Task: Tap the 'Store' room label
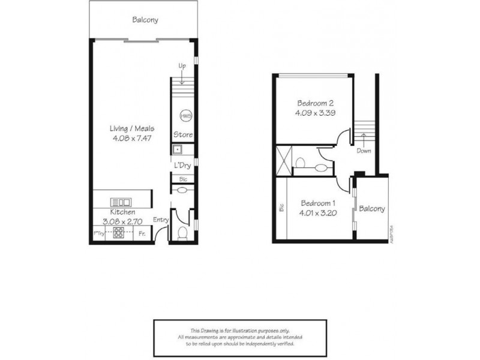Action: click(182, 134)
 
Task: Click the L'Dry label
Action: click(182, 166)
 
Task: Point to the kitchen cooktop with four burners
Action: click(119, 233)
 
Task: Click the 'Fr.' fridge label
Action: click(142, 233)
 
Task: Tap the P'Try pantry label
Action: click(98, 233)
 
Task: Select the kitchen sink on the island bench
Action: click(122, 202)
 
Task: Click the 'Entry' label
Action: click(161, 220)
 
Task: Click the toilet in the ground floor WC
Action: click(182, 233)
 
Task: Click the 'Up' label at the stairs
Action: click(181, 65)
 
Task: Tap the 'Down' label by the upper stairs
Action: click(364, 151)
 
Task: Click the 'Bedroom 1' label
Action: click(318, 202)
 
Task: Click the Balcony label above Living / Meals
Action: click(145, 20)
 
